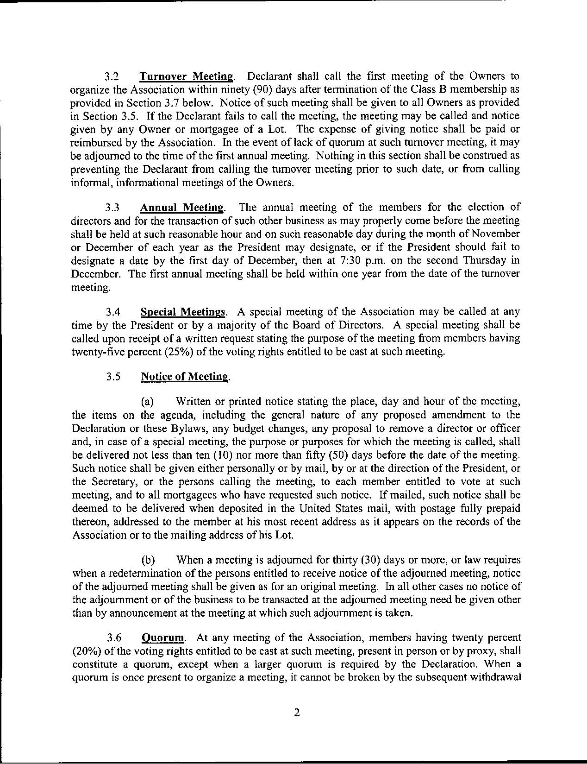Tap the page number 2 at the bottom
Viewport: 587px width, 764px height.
(x=297, y=712)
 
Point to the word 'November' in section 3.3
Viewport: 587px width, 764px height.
(x=495, y=234)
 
